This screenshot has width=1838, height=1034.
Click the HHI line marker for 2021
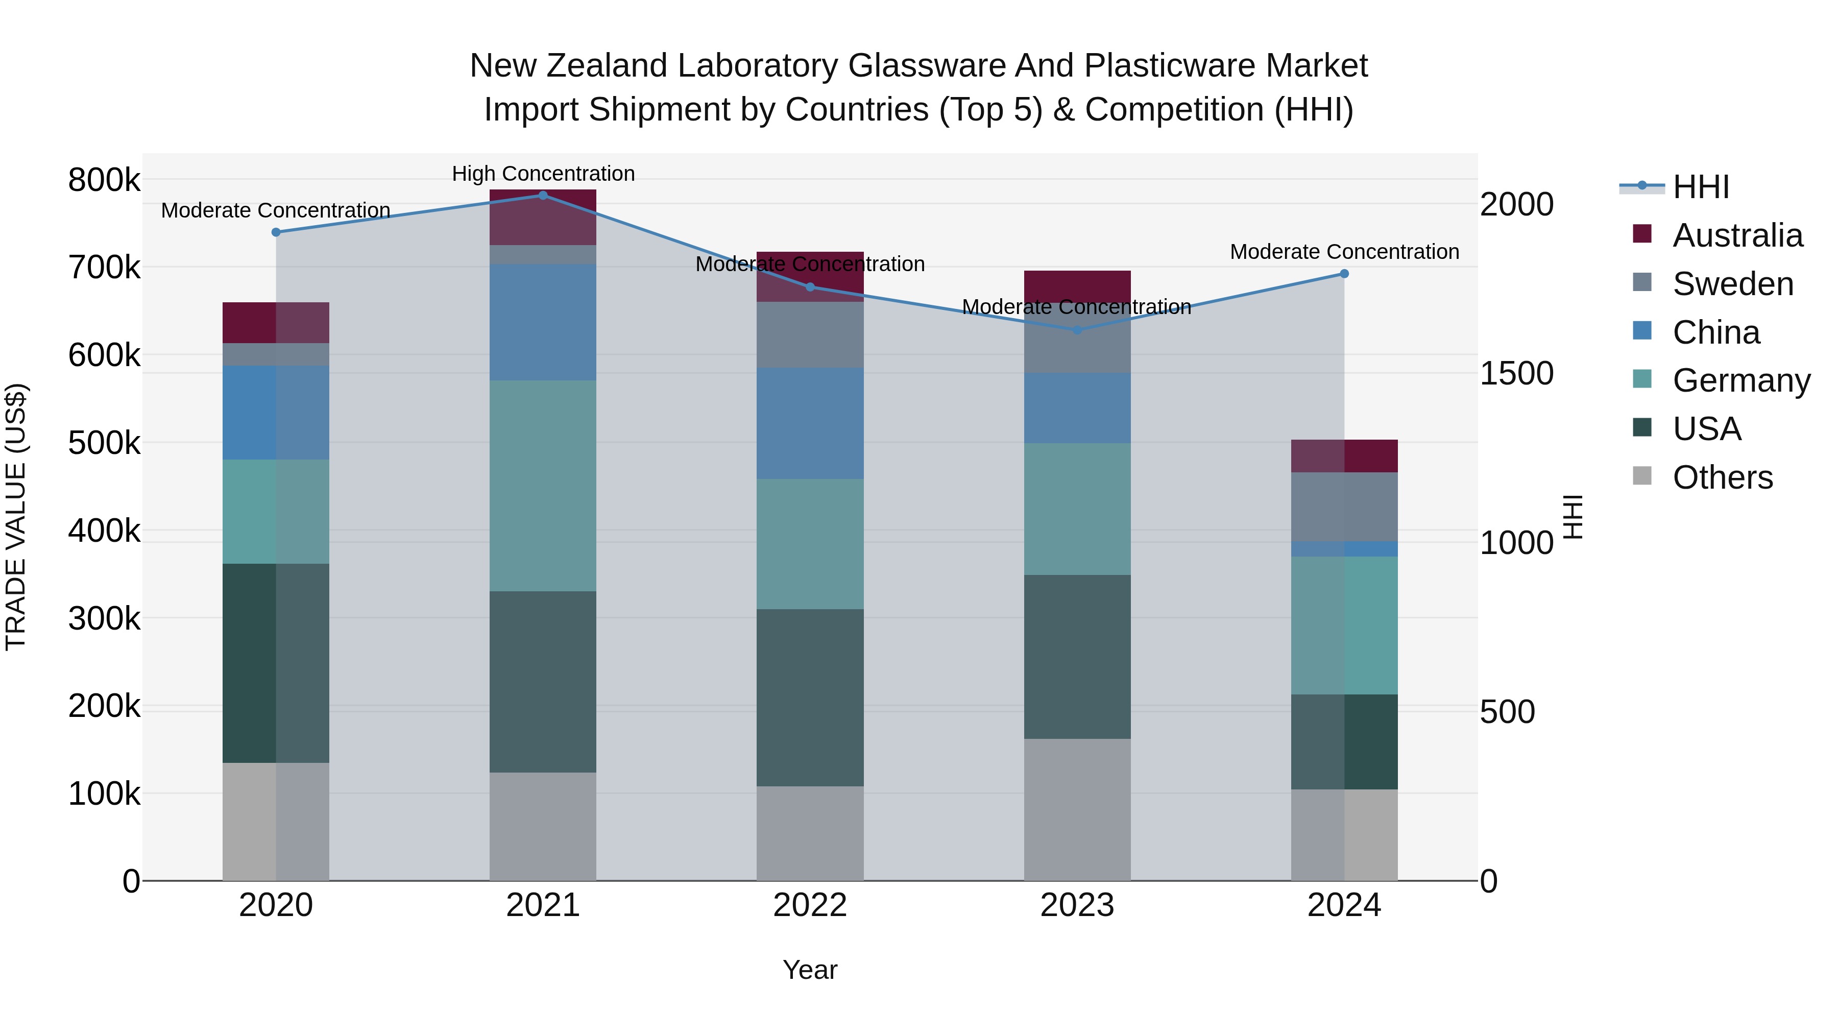[x=543, y=196]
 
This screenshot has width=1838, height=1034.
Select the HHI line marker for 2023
[x=1077, y=330]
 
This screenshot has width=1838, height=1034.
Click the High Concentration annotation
[x=543, y=174]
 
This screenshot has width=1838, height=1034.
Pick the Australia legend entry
[x=1737, y=235]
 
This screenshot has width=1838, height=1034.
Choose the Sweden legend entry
[x=1732, y=284]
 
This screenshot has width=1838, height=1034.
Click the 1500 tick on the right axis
[x=1516, y=373]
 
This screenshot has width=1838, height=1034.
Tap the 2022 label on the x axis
[x=810, y=905]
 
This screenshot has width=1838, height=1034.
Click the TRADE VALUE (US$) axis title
[x=16, y=517]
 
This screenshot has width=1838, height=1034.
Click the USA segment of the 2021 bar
[x=543, y=682]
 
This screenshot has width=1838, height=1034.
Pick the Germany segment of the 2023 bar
[x=1077, y=509]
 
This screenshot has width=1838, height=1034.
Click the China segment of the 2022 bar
[x=810, y=423]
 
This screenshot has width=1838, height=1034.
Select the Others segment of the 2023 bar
[x=1077, y=809]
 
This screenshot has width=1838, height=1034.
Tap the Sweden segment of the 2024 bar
[x=1344, y=507]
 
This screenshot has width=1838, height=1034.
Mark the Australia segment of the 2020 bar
[x=276, y=323]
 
